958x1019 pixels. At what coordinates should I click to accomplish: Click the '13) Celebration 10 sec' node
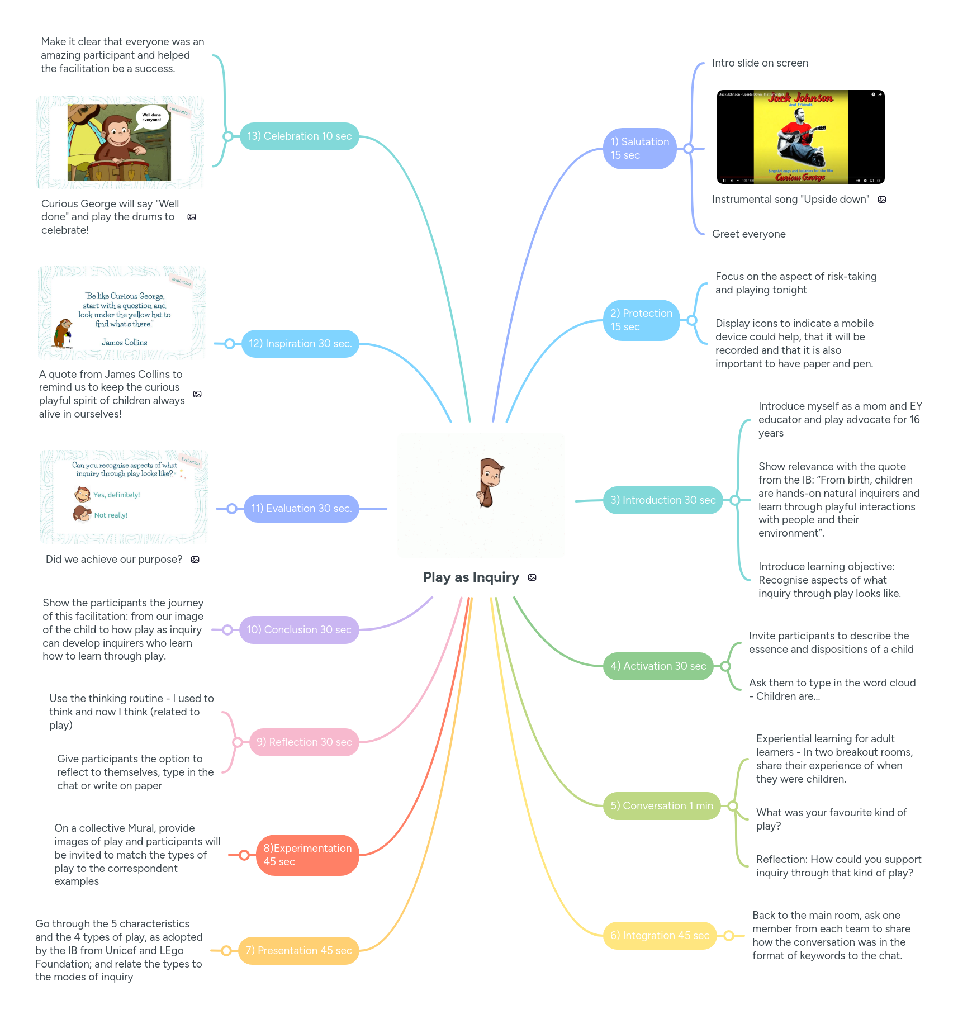coord(299,136)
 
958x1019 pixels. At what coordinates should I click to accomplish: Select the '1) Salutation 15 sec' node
coord(639,149)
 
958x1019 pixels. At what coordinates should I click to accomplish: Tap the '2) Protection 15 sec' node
coord(641,320)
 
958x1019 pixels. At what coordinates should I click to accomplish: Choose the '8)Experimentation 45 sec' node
coord(307,855)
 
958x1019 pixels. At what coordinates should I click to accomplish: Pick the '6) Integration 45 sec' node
coord(660,936)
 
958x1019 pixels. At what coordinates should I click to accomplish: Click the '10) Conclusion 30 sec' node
coord(299,630)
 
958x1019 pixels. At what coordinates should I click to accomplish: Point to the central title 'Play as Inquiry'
coord(471,577)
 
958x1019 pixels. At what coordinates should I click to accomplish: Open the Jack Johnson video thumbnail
coord(800,137)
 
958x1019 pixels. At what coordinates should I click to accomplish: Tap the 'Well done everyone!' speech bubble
coord(151,117)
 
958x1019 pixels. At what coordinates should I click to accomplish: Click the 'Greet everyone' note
coord(748,234)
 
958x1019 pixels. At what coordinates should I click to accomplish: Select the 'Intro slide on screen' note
coord(760,63)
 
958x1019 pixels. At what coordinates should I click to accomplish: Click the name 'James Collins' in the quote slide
coord(125,342)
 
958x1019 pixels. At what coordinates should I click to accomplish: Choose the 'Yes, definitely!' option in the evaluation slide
coord(116,495)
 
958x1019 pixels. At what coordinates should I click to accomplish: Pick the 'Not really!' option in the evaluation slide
coord(111,515)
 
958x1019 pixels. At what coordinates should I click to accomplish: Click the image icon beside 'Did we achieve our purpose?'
coord(195,560)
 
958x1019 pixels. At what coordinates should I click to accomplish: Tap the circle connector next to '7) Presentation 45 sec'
coord(226,951)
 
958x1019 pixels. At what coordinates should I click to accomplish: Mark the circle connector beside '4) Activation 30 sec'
coord(725,666)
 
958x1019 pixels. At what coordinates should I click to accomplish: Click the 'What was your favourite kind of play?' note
coord(831,819)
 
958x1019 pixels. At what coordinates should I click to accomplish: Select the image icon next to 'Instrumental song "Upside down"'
coord(882,200)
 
